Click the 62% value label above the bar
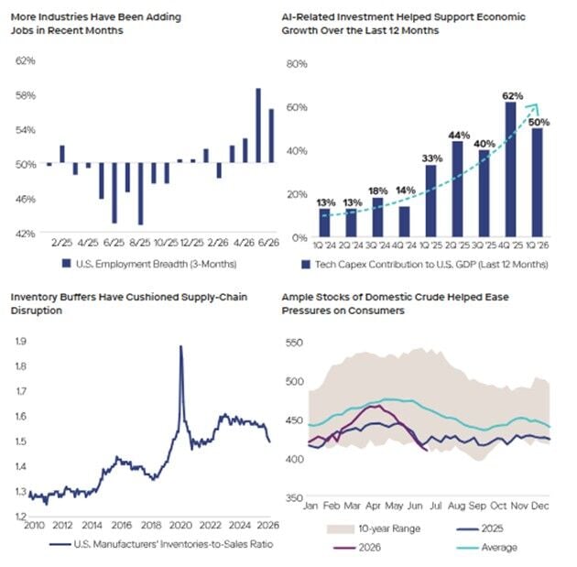[x=513, y=96]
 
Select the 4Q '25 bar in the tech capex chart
[x=510, y=169]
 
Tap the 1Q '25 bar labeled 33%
[x=430, y=201]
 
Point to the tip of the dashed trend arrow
[x=536, y=105]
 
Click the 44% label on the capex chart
[x=459, y=136]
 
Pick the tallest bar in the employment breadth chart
[x=258, y=125]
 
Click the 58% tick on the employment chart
[x=26, y=95]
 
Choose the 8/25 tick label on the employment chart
[x=140, y=243]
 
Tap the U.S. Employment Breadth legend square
[x=66, y=264]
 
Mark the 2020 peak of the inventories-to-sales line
[x=180, y=346]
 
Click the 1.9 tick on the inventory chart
[x=20, y=341]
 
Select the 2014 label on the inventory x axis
[x=92, y=525]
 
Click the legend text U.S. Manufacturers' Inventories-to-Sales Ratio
[x=173, y=544]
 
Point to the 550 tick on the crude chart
[x=294, y=343]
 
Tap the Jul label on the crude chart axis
[x=436, y=506]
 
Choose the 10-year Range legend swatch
[x=340, y=529]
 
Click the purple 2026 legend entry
[x=357, y=548]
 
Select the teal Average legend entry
[x=486, y=548]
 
